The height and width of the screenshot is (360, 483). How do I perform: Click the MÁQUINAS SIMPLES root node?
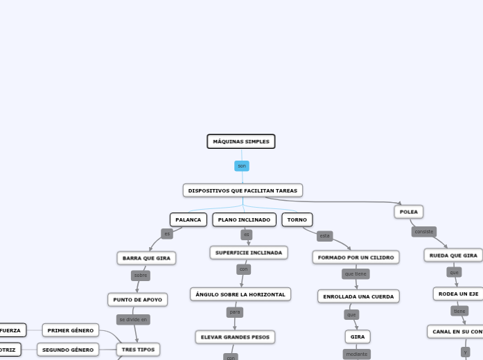[x=241, y=141]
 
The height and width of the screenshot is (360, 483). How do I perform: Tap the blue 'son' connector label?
[x=242, y=166]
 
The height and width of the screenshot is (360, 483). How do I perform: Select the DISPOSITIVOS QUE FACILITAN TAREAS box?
[x=243, y=190]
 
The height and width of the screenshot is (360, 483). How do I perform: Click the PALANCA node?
[x=188, y=219]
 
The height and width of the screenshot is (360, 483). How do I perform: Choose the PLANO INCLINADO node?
[x=244, y=219]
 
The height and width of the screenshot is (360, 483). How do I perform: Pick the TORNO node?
[x=297, y=219]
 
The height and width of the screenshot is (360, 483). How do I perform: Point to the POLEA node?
[x=409, y=212]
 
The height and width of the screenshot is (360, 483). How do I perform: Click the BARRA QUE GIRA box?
[x=146, y=258]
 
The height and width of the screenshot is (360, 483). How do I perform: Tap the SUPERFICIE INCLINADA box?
[x=249, y=253]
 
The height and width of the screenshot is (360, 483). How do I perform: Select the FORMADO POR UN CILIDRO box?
[x=355, y=258]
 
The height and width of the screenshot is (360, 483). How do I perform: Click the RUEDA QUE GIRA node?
[x=453, y=255]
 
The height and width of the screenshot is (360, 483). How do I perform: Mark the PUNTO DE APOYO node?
[x=137, y=300]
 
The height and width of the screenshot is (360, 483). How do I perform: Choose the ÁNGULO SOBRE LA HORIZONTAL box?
[x=240, y=294]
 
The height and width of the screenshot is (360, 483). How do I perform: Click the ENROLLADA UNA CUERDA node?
[x=358, y=296]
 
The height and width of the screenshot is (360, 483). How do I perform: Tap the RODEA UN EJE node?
[x=458, y=294]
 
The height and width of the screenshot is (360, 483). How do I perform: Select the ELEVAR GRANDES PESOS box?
[x=235, y=337]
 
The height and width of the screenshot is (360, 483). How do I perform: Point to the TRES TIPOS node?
[x=138, y=350]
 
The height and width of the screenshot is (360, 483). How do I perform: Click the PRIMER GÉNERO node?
[x=71, y=330]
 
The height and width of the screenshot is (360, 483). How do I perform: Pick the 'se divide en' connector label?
[x=133, y=320]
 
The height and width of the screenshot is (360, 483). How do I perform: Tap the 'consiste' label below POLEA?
[x=424, y=232]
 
